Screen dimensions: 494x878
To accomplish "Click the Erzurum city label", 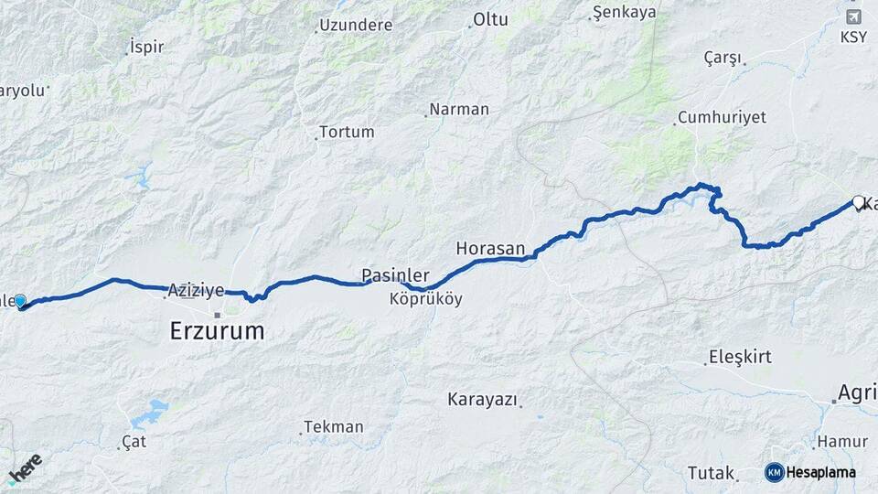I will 217,330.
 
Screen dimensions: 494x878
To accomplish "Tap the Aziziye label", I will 196,290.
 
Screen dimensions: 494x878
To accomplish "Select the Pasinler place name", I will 395,275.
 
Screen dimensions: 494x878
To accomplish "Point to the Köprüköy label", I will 425,299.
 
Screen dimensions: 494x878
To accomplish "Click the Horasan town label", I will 490,248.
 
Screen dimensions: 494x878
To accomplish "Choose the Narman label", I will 459,109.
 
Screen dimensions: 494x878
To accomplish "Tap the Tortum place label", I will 348,132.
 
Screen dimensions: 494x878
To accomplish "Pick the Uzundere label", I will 356,25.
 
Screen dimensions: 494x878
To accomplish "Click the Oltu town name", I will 489,19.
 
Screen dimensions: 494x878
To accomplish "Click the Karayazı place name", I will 482,399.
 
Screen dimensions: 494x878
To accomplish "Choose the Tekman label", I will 334,426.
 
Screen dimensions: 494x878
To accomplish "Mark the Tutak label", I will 712,473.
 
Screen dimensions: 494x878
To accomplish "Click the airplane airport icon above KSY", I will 854,17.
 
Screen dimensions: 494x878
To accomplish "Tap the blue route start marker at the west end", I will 20,301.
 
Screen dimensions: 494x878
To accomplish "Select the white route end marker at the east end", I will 858,202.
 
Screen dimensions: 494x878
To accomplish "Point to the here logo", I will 25,468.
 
